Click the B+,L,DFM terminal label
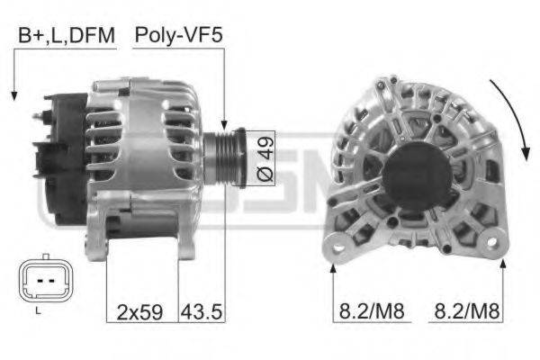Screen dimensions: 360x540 [64, 36]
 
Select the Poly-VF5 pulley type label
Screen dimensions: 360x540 [178, 36]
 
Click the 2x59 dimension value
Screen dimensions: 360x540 [139, 312]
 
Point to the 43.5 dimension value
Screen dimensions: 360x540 [202, 312]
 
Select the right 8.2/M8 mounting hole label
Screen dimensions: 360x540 [467, 312]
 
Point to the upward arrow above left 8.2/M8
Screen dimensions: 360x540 [333, 270]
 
